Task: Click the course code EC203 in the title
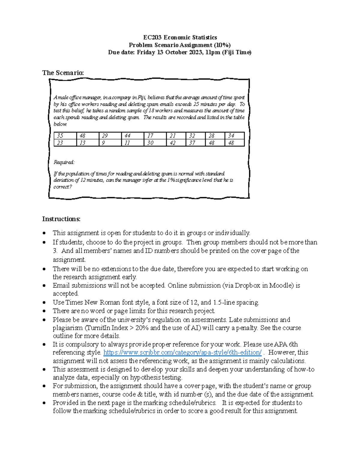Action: point(152,38)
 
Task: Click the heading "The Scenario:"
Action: point(63,73)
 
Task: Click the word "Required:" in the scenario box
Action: point(64,162)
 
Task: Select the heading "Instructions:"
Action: point(61,219)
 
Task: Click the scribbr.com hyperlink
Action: point(182,353)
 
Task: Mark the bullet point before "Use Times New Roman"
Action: point(44,303)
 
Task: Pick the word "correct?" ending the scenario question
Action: point(63,187)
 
